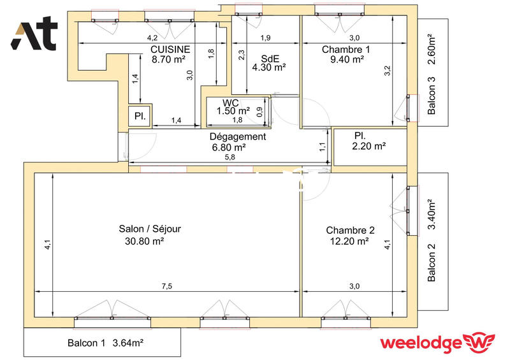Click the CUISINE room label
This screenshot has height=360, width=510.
pos(170,49)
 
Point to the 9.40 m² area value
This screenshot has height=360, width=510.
pos(346,59)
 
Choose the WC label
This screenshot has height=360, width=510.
pos(230,103)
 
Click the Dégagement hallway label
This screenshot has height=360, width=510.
pos(238,137)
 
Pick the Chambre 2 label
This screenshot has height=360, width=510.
pos(350,231)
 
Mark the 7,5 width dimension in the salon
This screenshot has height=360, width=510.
pos(166,287)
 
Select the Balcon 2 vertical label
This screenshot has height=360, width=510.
pos(432,263)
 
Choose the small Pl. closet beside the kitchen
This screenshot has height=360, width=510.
pos(140,117)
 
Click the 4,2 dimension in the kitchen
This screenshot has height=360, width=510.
pos(153,38)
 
